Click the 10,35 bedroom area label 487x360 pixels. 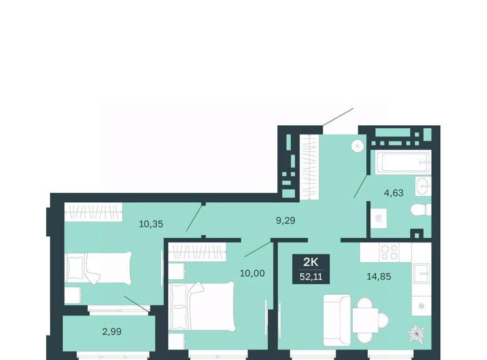[151, 224]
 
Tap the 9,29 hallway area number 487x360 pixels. [286, 221]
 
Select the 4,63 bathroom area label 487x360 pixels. [394, 193]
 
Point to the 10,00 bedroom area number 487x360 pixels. [253, 273]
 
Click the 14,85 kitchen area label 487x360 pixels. [379, 276]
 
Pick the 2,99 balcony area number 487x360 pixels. [112, 332]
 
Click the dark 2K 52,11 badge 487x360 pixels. [311, 269]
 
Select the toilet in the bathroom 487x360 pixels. [421, 210]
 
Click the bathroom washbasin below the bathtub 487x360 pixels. [423, 186]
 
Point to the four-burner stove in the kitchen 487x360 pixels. [390, 253]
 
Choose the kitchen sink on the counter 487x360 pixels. [422, 273]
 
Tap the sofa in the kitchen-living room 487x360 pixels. [337, 320]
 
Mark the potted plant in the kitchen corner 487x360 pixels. [415, 333]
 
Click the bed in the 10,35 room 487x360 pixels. [98, 268]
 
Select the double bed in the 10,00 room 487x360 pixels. [201, 306]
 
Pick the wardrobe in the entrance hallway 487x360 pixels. [309, 167]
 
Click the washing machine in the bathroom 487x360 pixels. [379, 218]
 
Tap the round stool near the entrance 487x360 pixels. [358, 145]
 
